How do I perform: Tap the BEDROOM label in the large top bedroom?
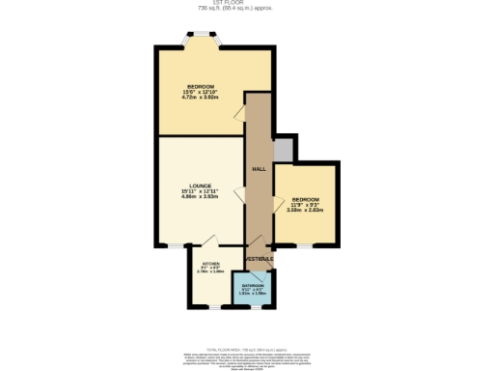tap(201, 87)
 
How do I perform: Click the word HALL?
tap(259, 169)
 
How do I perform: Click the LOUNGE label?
tap(201, 185)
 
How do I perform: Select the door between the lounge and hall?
tap(239, 189)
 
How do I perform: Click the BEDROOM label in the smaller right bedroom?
tap(305, 200)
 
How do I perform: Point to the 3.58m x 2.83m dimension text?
tap(305, 210)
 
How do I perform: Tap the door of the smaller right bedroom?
tap(279, 203)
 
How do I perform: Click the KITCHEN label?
tap(210, 263)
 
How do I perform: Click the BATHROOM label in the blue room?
tap(253, 286)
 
